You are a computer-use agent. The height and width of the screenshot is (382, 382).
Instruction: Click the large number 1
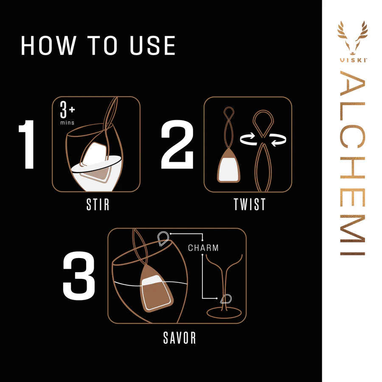(x=28, y=144)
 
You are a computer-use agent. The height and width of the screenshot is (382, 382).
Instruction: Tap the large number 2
(x=177, y=144)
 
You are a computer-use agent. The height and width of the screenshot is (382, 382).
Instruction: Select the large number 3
(x=79, y=276)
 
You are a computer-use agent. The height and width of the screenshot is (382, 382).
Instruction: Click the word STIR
(x=98, y=205)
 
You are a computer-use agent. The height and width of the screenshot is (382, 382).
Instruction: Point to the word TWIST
(x=250, y=205)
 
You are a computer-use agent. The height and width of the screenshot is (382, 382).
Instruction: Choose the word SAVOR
(x=180, y=338)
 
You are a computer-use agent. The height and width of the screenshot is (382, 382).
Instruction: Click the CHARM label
(x=203, y=248)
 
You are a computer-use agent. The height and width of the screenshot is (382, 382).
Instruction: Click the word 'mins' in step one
(x=67, y=123)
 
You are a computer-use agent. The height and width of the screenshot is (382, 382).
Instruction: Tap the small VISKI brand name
(x=353, y=60)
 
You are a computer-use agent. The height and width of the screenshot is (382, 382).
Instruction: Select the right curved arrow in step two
(x=279, y=140)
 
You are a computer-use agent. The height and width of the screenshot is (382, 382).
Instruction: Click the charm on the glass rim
(x=163, y=239)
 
